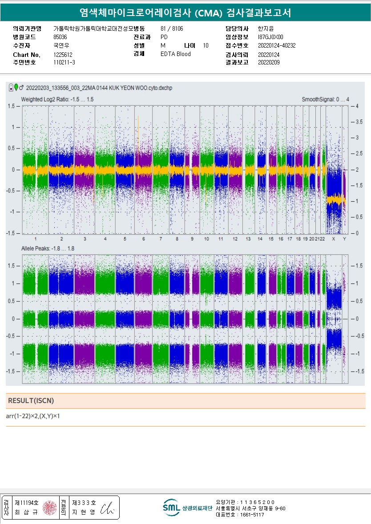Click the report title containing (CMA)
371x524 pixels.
(x=185, y=13)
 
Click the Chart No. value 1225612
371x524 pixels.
(x=63, y=55)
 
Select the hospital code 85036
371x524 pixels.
(x=60, y=37)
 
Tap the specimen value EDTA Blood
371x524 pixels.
(x=175, y=54)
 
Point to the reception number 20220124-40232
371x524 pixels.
(x=277, y=45)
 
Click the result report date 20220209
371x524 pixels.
(x=269, y=63)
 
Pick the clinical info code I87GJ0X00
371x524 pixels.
(x=270, y=37)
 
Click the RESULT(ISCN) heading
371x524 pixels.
(x=31, y=401)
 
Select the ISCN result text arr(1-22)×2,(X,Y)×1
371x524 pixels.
(x=33, y=416)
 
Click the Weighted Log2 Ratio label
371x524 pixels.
(x=57, y=100)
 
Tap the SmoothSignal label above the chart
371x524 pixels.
(x=325, y=100)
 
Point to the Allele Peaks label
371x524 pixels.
(x=48, y=248)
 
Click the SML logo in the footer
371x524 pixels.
(x=171, y=507)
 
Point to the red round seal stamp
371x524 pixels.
(x=49, y=508)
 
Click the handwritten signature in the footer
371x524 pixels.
(x=108, y=508)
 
